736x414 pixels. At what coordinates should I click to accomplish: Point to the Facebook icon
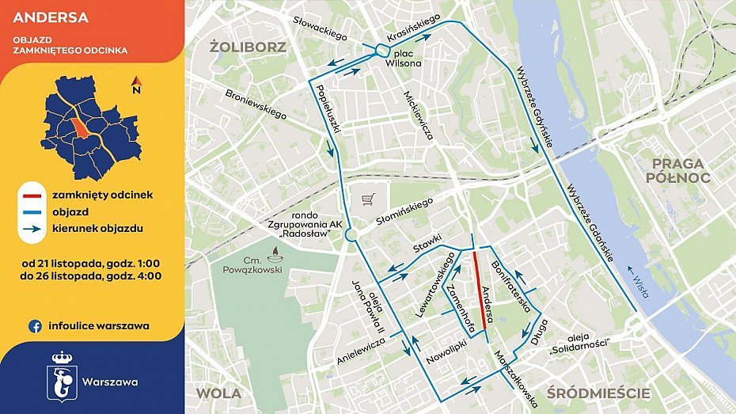[35, 325]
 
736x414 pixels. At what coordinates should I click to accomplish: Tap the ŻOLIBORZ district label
[248, 47]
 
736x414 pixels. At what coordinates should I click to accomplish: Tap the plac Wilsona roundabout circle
[381, 52]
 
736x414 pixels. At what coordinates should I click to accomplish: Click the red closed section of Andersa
[479, 290]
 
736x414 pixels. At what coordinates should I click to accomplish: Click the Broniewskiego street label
[256, 104]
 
